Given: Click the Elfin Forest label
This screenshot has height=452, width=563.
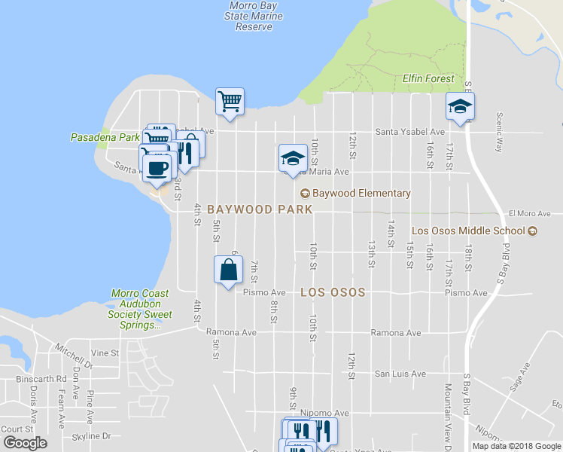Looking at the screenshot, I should coord(428,78).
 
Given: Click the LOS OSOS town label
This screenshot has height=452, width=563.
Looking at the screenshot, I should coord(333,292).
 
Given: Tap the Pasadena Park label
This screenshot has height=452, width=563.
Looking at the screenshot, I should coord(105,138).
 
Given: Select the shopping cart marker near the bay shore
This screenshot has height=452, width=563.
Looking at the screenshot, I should coord(230,101).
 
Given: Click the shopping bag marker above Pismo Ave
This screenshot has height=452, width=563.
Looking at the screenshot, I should coord(229,270).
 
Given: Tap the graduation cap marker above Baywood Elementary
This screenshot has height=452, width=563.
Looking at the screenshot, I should coord(293,158).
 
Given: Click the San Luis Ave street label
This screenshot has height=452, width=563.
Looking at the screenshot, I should coord(400,374).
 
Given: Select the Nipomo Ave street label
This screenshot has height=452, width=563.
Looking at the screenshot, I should coord(331,413).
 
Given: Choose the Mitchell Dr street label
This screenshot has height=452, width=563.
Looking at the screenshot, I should coord(74,357).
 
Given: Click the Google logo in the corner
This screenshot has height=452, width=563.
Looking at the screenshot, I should coord(25,444).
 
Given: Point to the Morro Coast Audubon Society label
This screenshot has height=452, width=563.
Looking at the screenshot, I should coord(136,310).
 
